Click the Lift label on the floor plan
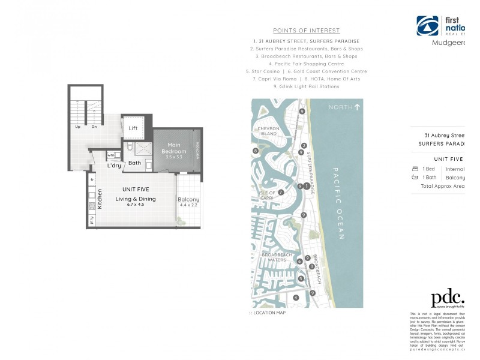click(133, 128)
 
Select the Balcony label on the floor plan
click(188, 200)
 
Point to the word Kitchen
click(101, 198)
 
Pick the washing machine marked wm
click(111, 155)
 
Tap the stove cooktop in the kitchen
click(92, 206)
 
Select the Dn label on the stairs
click(94, 127)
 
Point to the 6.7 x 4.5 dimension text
click(136, 205)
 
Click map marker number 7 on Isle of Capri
click(280, 192)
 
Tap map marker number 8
click(256, 151)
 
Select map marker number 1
click(307, 186)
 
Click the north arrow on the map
click(358, 107)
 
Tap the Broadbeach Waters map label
click(277, 257)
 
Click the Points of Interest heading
click(306, 31)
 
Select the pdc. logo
click(448, 298)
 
